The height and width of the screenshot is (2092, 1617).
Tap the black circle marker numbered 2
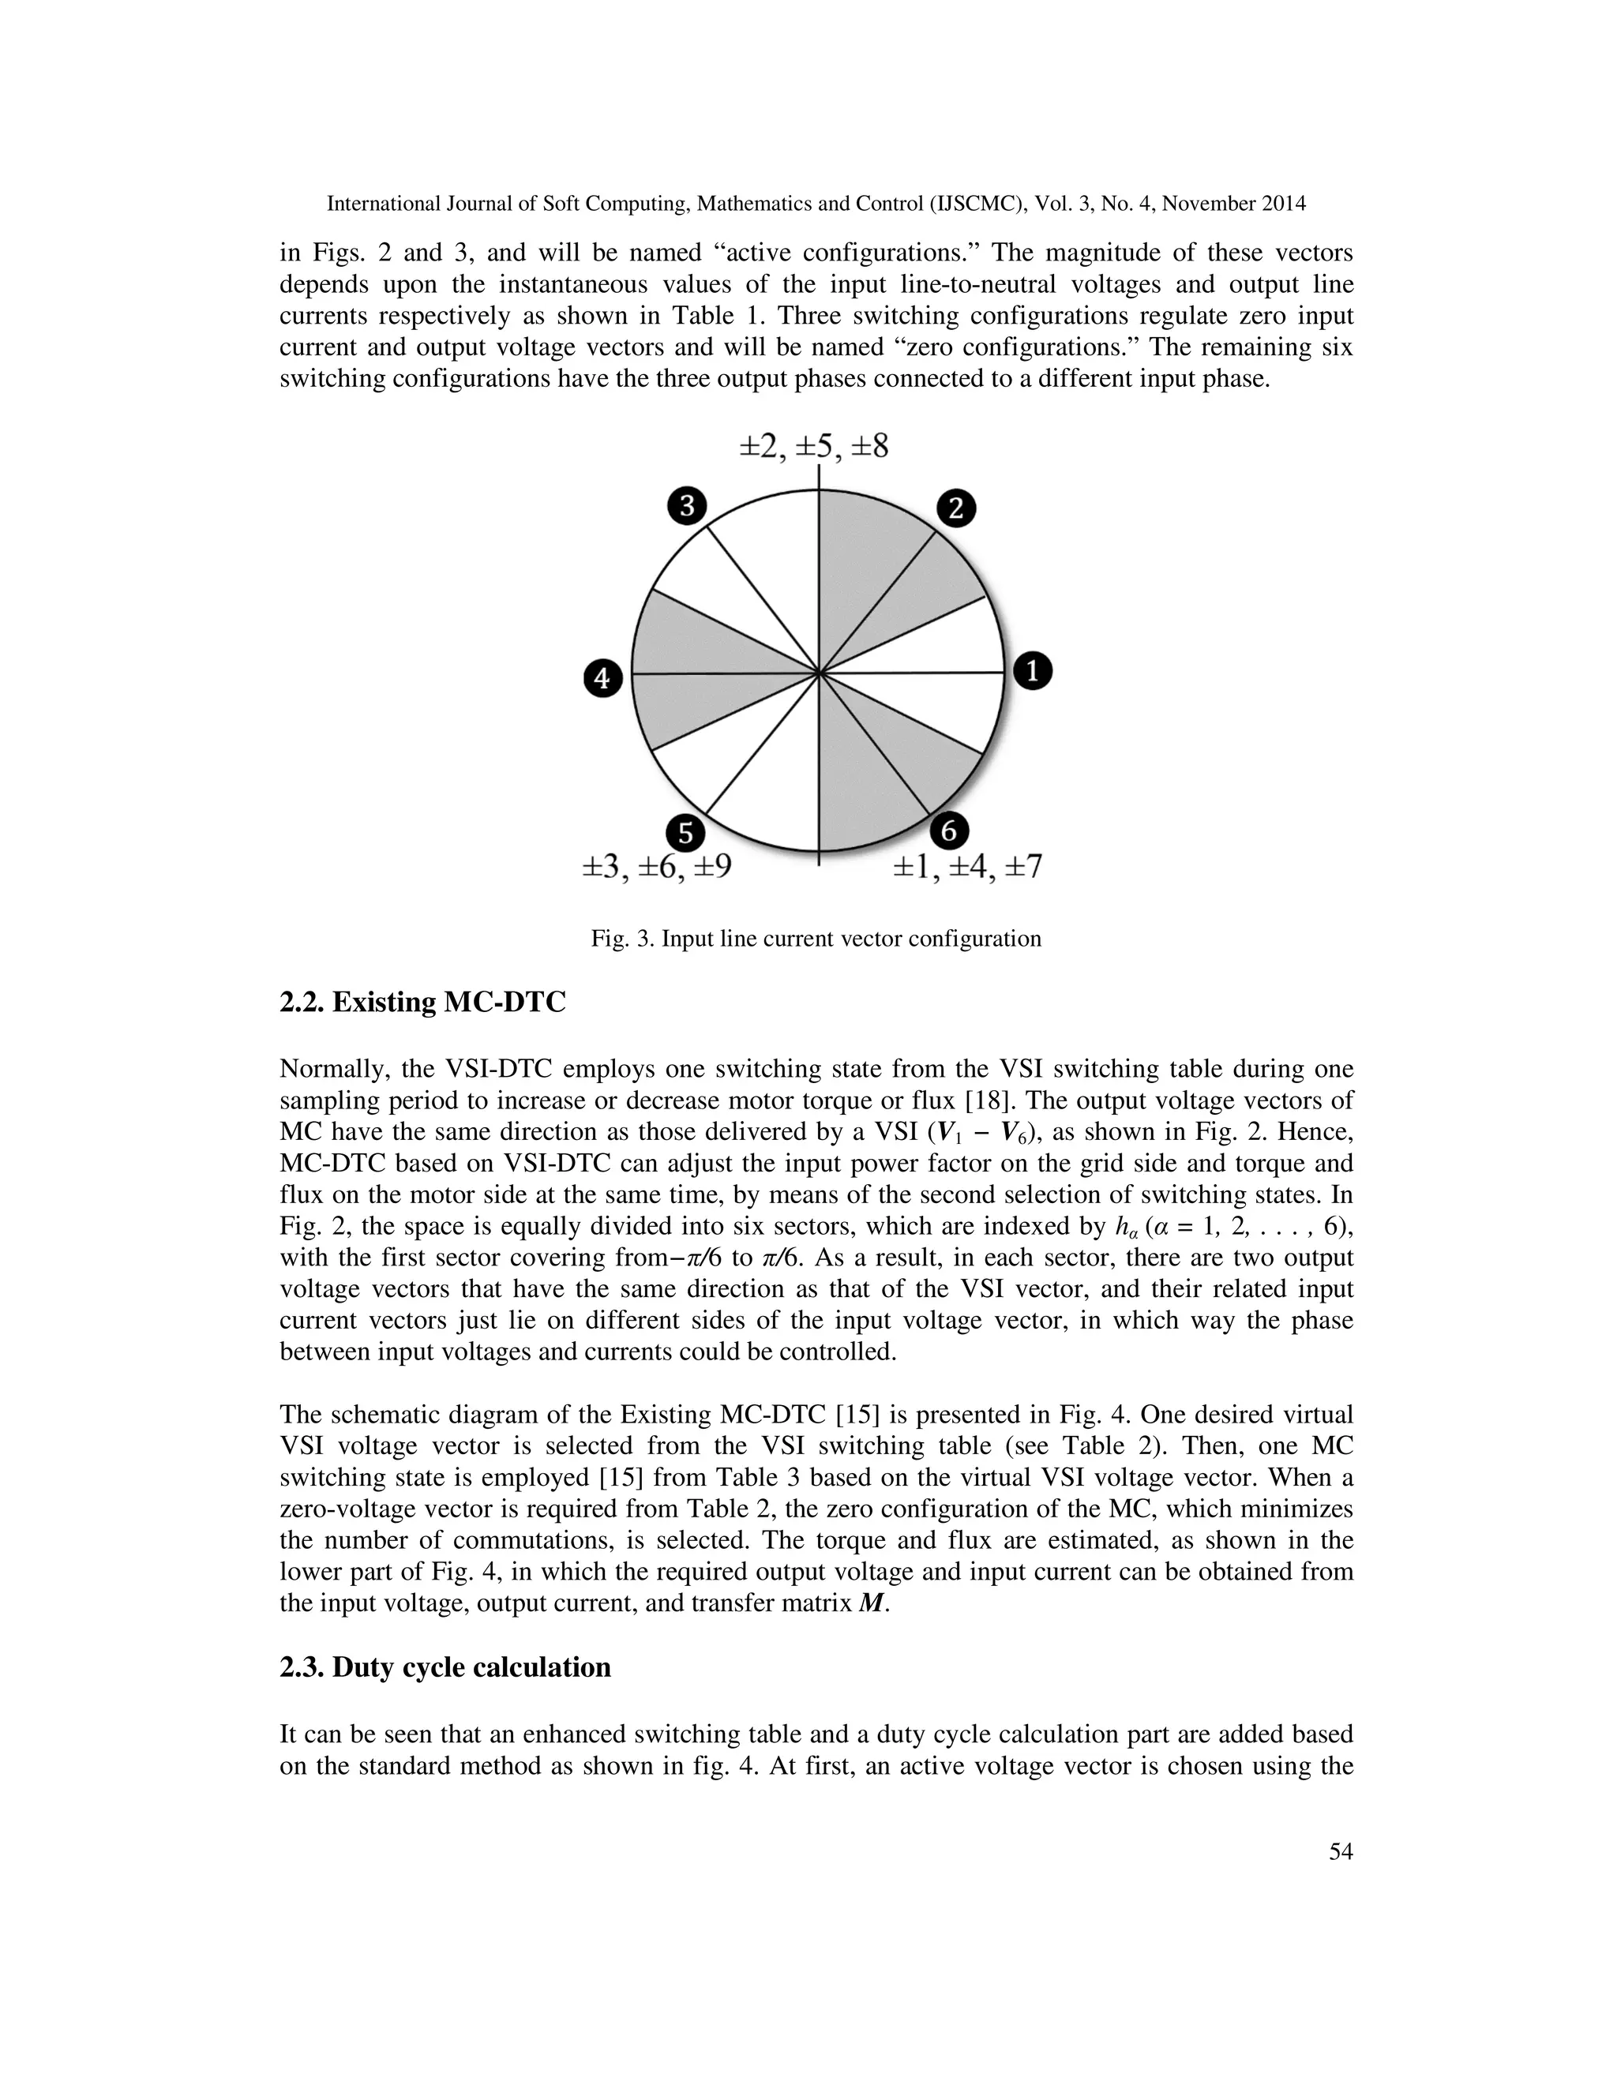(x=955, y=508)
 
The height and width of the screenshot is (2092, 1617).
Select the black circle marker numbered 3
(x=687, y=506)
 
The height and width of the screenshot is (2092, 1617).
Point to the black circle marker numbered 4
(x=602, y=679)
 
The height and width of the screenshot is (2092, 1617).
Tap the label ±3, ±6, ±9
(x=657, y=868)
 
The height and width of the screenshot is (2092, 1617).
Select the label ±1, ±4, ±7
(x=967, y=868)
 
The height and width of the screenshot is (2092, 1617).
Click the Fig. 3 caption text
(x=815, y=939)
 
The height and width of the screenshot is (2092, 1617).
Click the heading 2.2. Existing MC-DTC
(x=422, y=1003)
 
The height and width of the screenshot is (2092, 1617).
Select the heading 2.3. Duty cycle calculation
(x=445, y=1667)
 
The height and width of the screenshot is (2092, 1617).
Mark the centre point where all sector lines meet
(x=819, y=673)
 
